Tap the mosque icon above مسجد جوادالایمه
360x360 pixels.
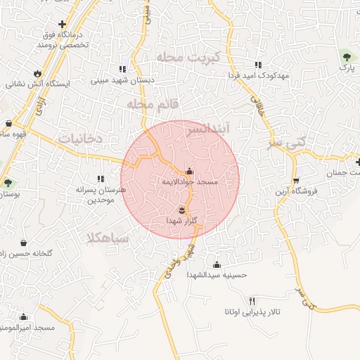[x=188, y=171]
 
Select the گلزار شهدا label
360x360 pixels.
[x=180, y=221]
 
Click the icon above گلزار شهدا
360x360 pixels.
[x=181, y=210]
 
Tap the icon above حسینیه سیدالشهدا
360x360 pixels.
[x=217, y=264]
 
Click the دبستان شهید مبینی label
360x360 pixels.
[x=122, y=81]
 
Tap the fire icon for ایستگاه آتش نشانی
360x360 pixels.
[x=37, y=73]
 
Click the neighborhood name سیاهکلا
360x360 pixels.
[x=108, y=238]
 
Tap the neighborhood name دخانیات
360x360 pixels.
[x=80, y=139]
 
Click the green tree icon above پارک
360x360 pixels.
[x=345, y=56]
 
